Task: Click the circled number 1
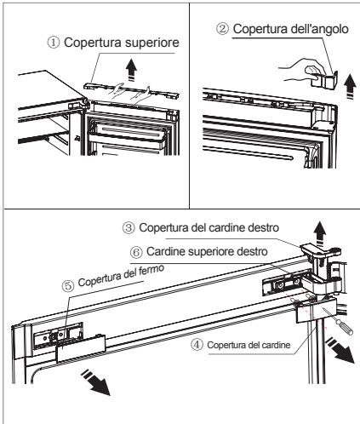point(54,43)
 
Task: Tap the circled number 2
point(222,29)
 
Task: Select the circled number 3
point(129,228)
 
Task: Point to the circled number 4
point(197,345)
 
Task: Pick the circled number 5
point(68,286)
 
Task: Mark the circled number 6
point(136,252)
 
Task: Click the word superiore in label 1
point(152,43)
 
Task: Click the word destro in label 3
point(264,227)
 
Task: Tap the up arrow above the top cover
point(132,70)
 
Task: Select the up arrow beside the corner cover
point(351,86)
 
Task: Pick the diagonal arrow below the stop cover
point(96,382)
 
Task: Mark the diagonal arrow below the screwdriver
point(340,351)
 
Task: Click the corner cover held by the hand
point(325,79)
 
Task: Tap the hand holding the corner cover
point(302,70)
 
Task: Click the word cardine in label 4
point(276,345)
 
